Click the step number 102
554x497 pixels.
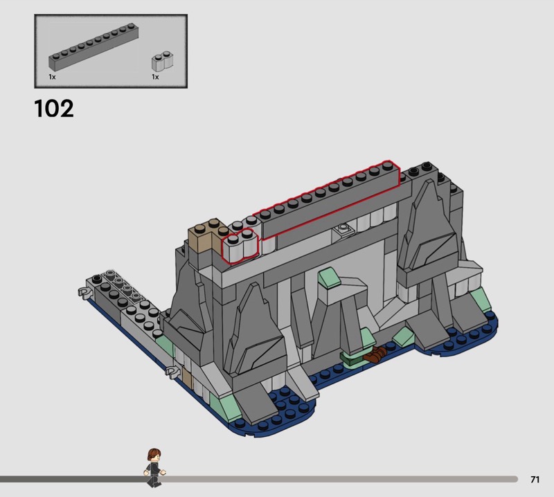[54, 108]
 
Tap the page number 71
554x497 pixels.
[535, 479]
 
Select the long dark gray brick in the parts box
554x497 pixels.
[93, 46]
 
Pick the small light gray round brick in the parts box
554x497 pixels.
[163, 61]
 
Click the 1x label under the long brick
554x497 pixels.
[52, 77]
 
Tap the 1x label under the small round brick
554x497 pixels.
[155, 77]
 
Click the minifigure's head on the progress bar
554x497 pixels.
[154, 455]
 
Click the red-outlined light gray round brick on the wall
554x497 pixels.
[240, 246]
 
